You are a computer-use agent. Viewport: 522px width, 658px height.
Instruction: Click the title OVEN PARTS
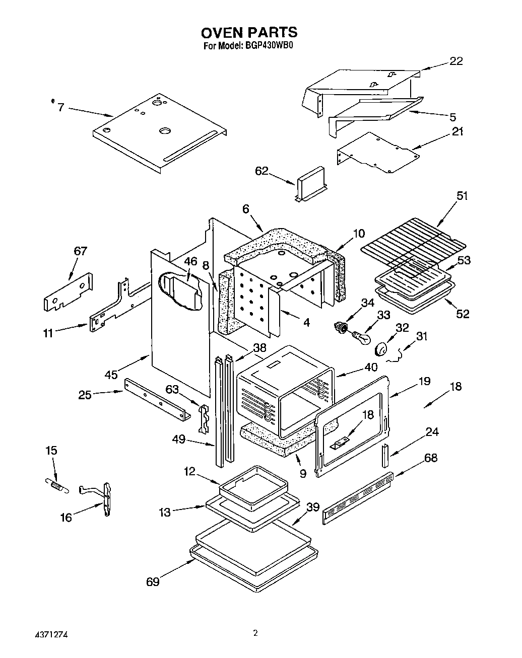click(x=249, y=33)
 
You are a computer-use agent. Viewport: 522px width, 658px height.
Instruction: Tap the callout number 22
click(x=455, y=61)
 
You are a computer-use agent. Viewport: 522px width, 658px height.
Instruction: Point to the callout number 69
click(x=153, y=582)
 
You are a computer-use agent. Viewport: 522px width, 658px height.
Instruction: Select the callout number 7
click(x=60, y=107)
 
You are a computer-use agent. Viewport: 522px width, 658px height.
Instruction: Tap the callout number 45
click(x=111, y=375)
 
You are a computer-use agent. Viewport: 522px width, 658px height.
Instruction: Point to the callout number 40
click(x=371, y=368)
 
